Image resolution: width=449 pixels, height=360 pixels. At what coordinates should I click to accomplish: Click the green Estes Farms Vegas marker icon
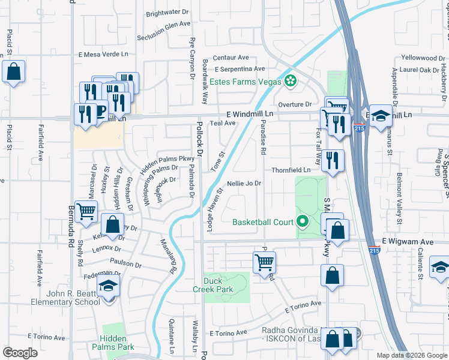291,81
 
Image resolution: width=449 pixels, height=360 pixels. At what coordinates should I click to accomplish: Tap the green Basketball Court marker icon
302,222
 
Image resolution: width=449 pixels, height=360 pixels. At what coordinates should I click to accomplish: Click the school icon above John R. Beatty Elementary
109,287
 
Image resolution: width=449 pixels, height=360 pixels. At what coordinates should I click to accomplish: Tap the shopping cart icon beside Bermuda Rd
86,211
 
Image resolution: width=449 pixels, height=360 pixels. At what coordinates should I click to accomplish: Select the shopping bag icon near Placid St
13,73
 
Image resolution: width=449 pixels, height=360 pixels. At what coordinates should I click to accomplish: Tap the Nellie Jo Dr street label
244,183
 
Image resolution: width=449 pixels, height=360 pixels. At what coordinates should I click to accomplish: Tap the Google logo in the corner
20,353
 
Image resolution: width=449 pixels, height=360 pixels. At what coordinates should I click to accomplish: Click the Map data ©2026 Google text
411,355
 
